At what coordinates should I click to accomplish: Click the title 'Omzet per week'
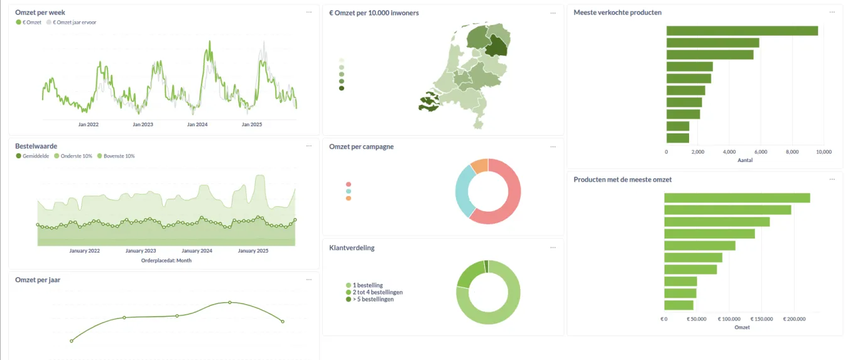(40, 13)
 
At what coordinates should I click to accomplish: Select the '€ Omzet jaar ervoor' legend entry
(75, 22)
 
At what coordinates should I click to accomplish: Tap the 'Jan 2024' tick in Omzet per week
(197, 124)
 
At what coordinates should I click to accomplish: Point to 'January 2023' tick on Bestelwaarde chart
(141, 251)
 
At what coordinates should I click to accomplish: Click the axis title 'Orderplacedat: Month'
(166, 260)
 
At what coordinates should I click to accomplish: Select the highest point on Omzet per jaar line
(230, 302)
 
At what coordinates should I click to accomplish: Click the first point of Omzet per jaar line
(72, 341)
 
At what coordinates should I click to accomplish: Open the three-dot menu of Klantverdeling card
(553, 248)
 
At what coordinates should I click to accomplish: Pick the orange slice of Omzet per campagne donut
(479, 166)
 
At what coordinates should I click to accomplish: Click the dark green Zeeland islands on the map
(430, 101)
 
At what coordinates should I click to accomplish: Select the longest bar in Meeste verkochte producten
(742, 31)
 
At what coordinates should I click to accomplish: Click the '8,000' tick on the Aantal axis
(792, 151)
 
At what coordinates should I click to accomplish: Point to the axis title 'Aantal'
(745, 160)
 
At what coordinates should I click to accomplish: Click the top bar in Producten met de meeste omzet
(737, 198)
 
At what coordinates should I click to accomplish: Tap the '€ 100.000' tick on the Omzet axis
(729, 319)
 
